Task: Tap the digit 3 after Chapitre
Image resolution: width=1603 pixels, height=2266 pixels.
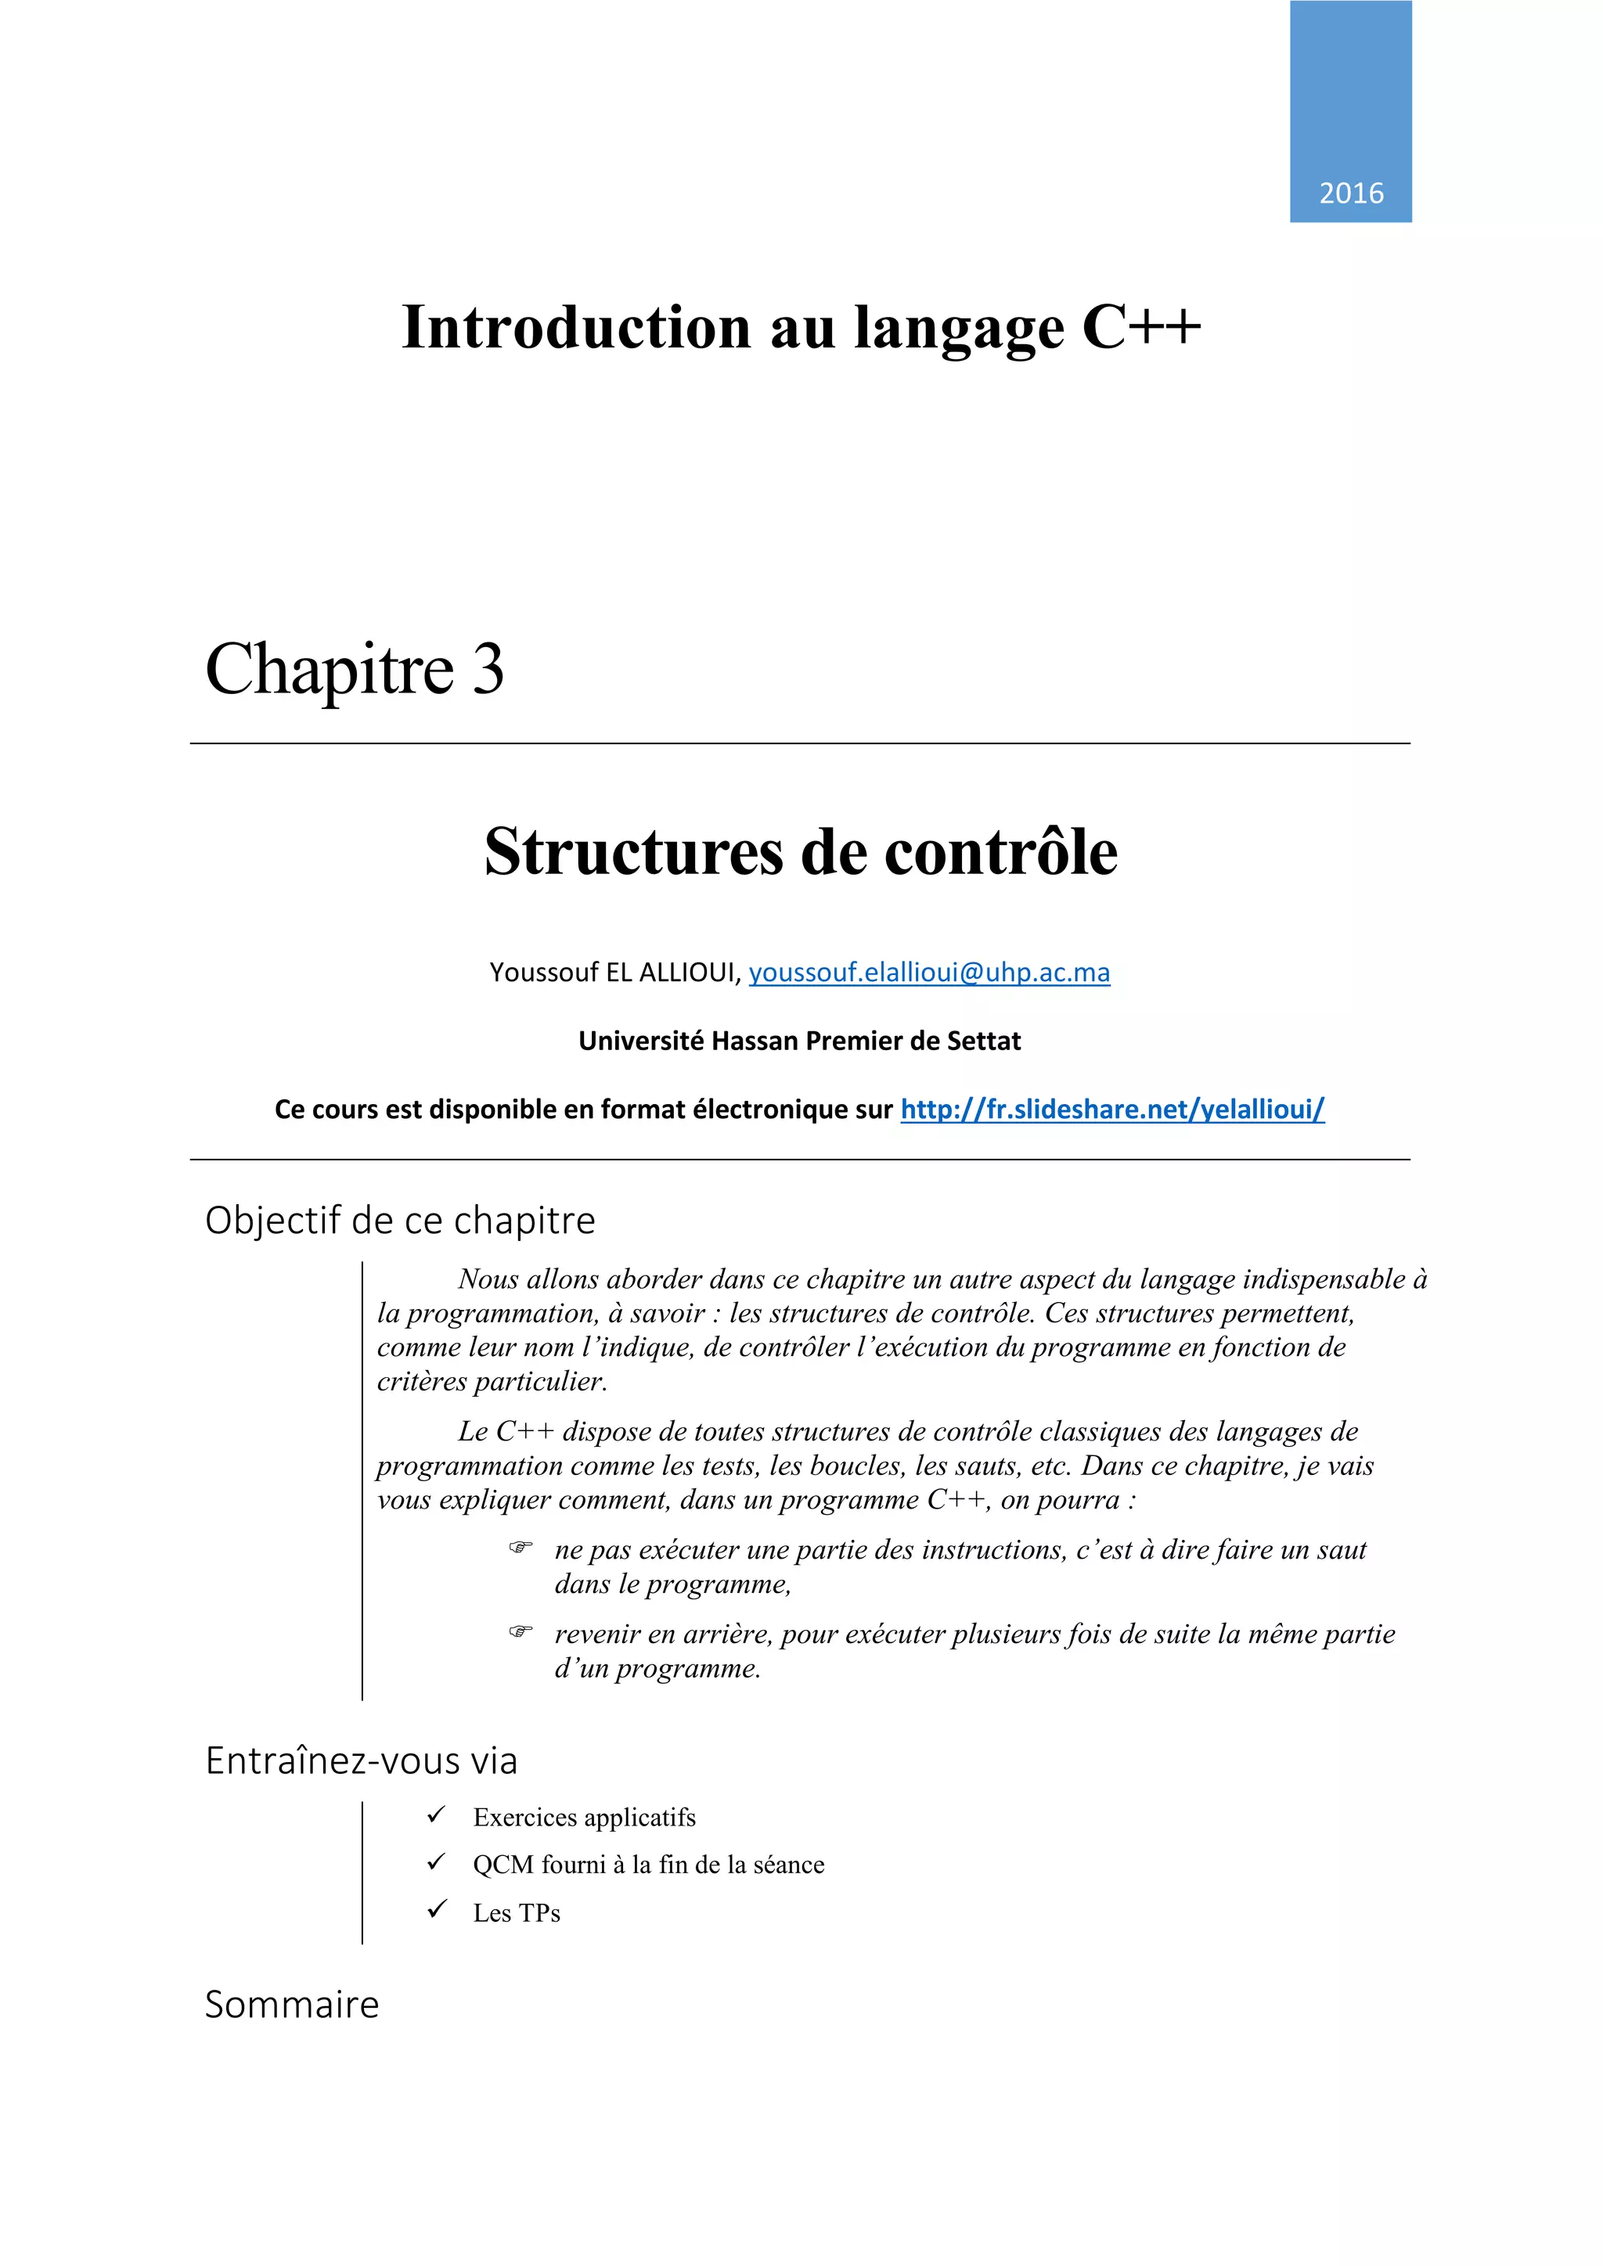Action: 488,670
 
